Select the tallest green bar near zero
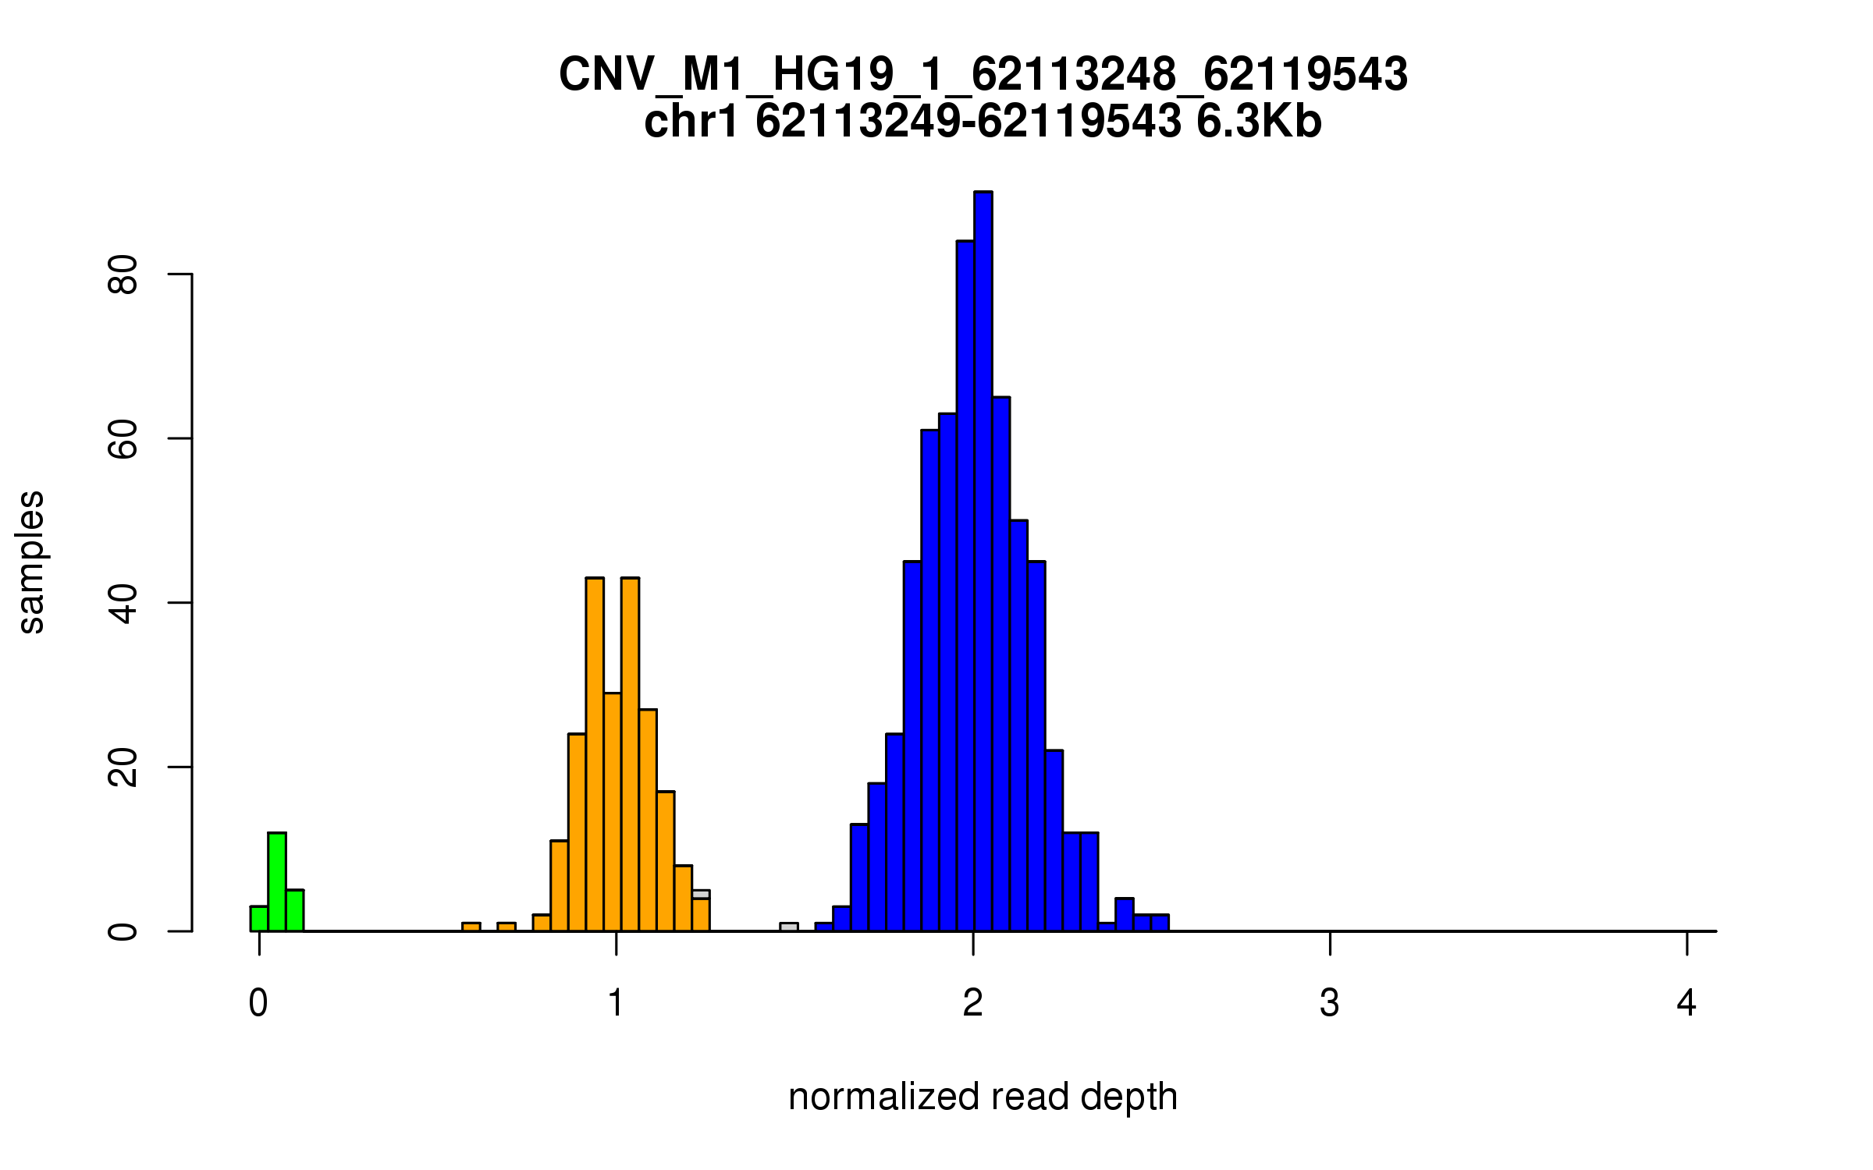pos(277,881)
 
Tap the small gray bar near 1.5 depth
pos(789,927)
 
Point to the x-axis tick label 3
pos(1330,1003)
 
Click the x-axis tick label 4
pos(1686,1003)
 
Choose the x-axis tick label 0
pos(258,1003)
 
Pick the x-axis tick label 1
pos(616,1003)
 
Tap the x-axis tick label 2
pos(972,1003)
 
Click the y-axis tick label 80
pos(123,275)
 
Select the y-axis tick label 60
pos(123,439)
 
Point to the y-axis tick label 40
pos(123,603)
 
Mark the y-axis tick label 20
pos(123,768)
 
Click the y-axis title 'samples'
pos(31,562)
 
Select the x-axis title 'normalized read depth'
pos(983,1097)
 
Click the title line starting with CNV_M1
pos(983,75)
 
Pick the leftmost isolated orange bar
pos(471,927)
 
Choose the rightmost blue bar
pos(1160,923)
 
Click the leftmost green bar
pos(259,918)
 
